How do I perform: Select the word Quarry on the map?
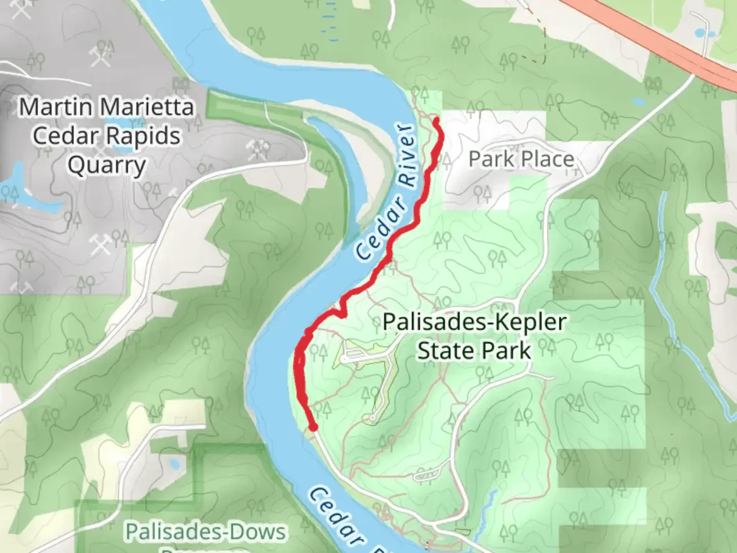(107, 166)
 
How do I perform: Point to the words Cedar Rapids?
(107, 136)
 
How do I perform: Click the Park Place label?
(521, 159)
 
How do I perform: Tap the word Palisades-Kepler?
(474, 323)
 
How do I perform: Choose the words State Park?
(474, 351)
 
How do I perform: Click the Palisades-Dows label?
(205, 532)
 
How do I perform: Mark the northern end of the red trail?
(437, 121)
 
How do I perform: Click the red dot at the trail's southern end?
(313, 427)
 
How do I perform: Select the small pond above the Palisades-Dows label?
(174, 464)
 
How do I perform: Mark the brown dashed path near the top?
(537, 56)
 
